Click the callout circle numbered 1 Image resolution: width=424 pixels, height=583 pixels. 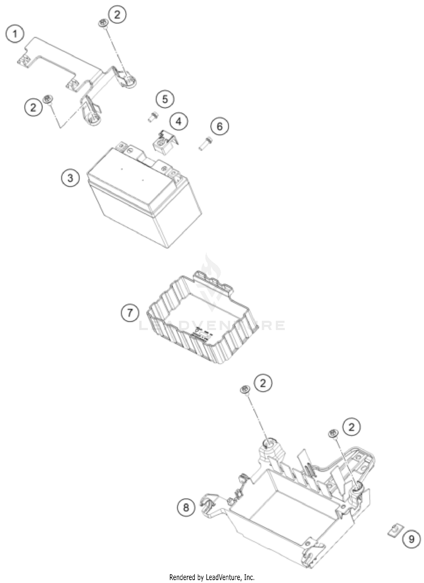15,34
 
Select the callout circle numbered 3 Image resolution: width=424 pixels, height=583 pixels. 70,178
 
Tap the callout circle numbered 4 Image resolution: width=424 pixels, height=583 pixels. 179,121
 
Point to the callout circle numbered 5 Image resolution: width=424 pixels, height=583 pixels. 165,99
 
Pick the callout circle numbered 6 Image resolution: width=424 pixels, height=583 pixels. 220,126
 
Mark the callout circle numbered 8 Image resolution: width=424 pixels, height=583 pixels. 186,508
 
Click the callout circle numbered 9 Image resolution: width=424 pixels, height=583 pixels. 411,539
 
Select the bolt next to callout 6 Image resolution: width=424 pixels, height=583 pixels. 205,143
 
